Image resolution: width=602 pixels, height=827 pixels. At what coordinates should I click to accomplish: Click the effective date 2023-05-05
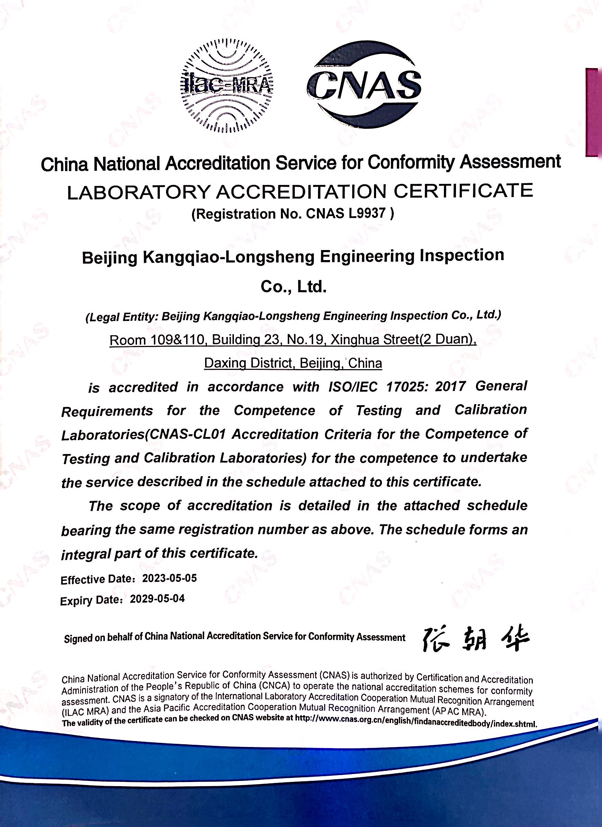(x=170, y=578)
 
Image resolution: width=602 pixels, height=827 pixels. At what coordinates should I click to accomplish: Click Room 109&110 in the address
(x=156, y=340)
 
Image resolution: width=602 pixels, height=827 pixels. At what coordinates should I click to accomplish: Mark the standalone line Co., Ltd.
(x=294, y=287)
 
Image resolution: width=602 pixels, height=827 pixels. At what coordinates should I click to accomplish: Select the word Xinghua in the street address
(x=355, y=340)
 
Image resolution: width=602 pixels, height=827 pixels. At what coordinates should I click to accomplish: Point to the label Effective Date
(x=96, y=580)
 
